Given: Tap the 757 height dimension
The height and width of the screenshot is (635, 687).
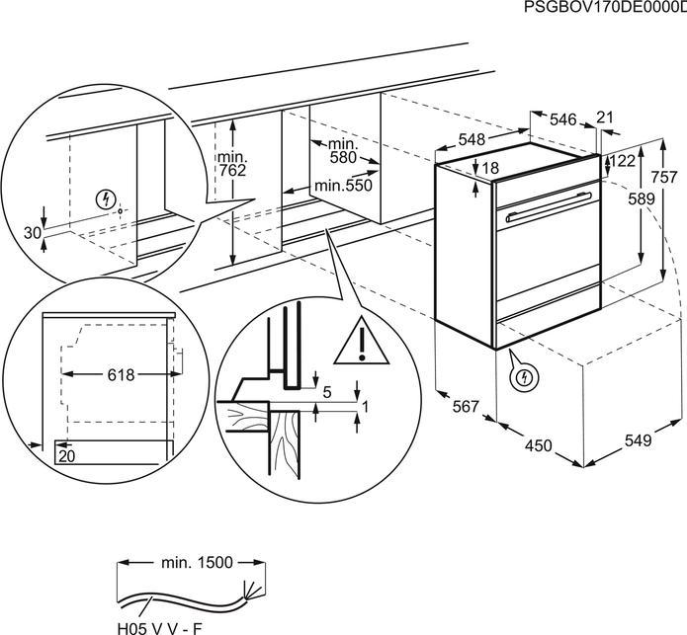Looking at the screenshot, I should tap(665, 179).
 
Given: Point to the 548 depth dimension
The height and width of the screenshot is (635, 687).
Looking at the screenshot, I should tap(473, 140).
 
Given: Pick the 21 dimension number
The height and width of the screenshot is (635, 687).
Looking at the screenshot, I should tap(605, 118).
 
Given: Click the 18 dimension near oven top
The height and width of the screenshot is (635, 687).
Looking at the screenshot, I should tap(490, 169).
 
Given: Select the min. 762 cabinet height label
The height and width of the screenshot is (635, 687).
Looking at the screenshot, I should tap(232, 165).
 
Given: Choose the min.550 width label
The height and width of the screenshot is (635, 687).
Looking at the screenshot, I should tap(342, 186).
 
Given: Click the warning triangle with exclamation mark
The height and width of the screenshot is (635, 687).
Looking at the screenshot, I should tap(361, 344).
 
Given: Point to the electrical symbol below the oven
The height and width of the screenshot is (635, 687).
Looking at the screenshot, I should tap(523, 376).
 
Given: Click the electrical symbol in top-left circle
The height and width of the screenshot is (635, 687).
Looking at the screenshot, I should tap(107, 199).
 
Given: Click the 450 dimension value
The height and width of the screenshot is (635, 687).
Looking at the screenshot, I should tap(538, 446).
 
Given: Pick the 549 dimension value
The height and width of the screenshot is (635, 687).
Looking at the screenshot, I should tap(638, 440).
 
